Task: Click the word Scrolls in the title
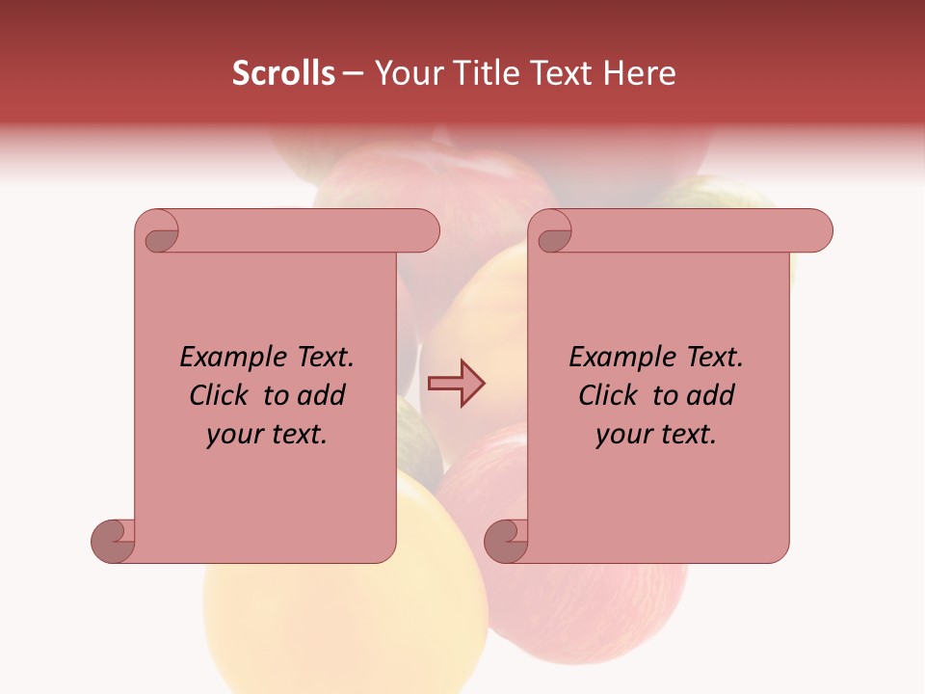[x=283, y=73]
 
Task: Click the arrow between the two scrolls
[x=456, y=383]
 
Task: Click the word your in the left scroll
[x=234, y=435]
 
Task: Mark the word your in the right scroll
[x=623, y=435]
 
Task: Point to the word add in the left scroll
[x=322, y=396]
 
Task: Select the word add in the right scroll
[x=711, y=396]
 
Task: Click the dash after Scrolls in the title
[x=353, y=73]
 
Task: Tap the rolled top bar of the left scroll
[x=308, y=230]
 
